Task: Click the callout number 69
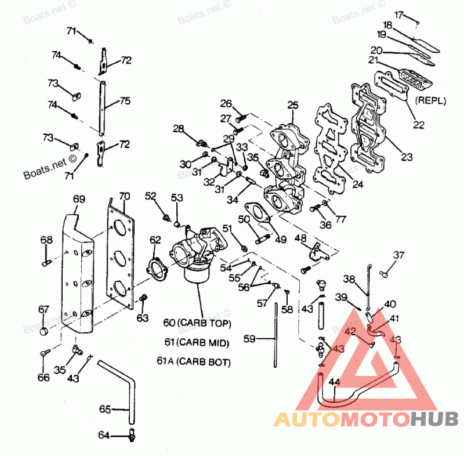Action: pos(79,199)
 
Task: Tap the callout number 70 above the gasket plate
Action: pos(125,196)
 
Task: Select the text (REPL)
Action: pos(430,100)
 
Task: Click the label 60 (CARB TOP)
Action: pos(197,323)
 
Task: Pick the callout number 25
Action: pos(293,105)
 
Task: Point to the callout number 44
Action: pos(333,382)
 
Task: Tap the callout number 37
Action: pos(399,255)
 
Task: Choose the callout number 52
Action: pos(151,197)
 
